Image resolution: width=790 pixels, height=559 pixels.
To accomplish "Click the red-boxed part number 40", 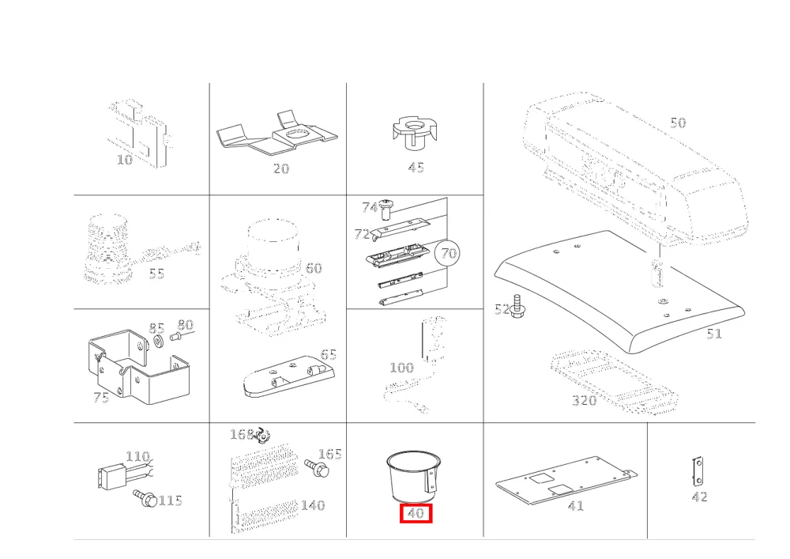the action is (416, 513).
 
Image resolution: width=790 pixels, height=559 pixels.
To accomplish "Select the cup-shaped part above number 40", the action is (414, 476).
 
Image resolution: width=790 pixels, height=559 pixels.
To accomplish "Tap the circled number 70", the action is (447, 252).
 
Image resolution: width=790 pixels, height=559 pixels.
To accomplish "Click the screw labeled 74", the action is (387, 209).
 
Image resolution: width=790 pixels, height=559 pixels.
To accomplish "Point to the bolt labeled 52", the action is (515, 306).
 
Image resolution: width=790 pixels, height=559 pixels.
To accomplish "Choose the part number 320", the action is (585, 400).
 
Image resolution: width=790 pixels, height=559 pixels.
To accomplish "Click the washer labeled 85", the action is (157, 342).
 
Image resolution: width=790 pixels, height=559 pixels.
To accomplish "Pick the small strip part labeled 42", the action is (698, 470).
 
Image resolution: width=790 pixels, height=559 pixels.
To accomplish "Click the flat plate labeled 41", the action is (566, 481).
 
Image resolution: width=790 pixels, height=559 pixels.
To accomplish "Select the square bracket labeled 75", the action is (139, 368).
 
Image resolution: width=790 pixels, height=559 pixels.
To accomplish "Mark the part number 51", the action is (714, 334).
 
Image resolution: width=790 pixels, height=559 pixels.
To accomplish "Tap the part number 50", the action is (678, 123).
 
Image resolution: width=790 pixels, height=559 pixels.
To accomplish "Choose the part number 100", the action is (402, 368).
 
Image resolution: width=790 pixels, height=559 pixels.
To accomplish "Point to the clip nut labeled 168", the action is (262, 435).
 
